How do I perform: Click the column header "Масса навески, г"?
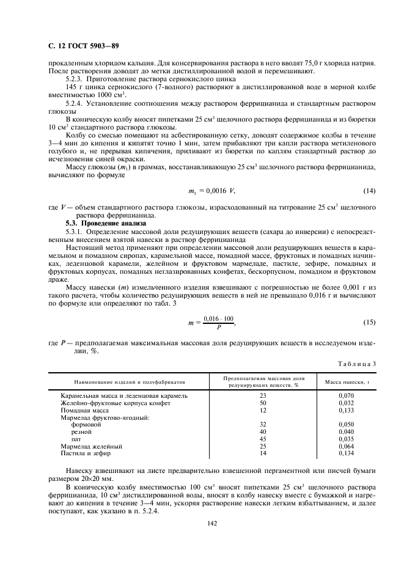[346, 382]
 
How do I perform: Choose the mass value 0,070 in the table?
[346, 396]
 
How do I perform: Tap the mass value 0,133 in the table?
[346, 410]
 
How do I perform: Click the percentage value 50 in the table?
[263, 403]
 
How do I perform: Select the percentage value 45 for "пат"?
[263, 439]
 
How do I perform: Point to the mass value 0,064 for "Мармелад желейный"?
[346, 446]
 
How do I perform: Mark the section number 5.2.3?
[75, 79]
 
